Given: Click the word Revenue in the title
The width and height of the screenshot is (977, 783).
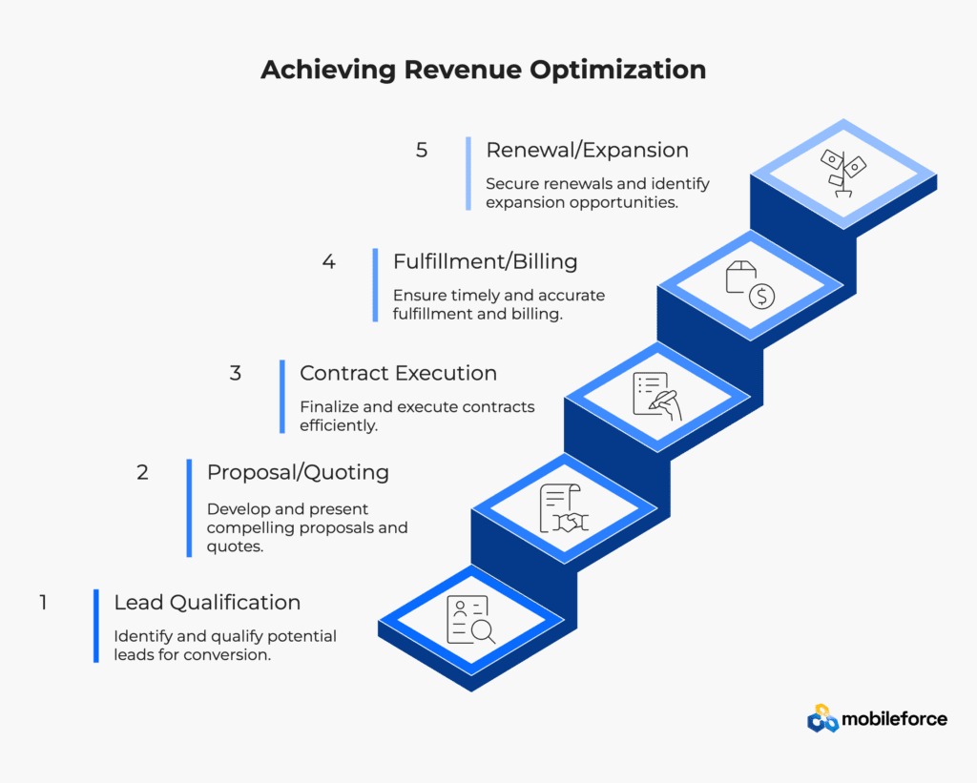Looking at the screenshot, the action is [463, 69].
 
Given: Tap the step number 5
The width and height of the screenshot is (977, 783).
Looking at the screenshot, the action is [422, 150].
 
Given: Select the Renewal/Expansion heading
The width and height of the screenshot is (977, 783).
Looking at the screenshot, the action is [587, 150].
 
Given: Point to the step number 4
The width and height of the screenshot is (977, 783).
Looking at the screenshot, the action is [329, 261].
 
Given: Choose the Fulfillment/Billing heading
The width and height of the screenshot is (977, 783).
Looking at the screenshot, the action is [485, 261].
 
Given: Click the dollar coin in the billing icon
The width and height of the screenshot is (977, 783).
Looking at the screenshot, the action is [761, 296].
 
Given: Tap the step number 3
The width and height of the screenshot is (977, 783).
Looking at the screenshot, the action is [235, 373].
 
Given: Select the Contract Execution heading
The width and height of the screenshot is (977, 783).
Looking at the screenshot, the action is [398, 373].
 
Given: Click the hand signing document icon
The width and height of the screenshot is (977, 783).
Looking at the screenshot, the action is [657, 396].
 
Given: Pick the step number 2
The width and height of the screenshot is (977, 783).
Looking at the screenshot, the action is [143, 472].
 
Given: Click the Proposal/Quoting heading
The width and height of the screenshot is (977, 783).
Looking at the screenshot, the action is [298, 473].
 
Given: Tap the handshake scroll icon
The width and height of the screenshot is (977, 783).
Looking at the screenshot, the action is [564, 508].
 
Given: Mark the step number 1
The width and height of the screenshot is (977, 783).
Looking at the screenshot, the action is [43, 603].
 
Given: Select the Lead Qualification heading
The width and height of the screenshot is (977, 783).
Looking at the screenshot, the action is [207, 603].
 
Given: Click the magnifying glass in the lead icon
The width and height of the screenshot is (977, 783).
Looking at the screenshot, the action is [483, 632].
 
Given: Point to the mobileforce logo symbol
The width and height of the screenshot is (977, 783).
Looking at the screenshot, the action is [822, 719].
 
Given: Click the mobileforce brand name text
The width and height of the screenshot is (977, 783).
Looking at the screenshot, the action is [895, 719].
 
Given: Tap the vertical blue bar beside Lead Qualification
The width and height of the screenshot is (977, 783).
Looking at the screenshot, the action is [96, 626].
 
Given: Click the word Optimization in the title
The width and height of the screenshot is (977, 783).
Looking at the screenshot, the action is [618, 69].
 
